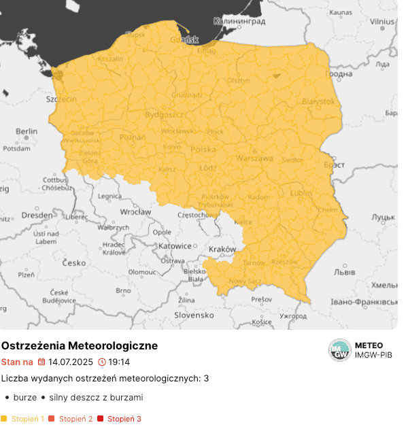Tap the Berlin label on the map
[27, 131]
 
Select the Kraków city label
[222, 249]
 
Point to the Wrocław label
[135, 212]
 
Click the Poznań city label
[133, 137]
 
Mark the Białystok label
[318, 101]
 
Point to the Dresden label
[37, 215]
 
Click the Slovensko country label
[194, 315]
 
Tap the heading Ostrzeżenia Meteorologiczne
[80, 346]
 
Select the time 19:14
[119, 362]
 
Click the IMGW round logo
[339, 350]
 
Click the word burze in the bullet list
[24, 397]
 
